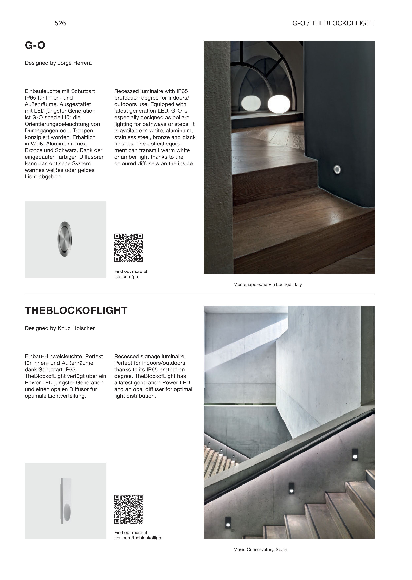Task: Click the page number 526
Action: [60, 23]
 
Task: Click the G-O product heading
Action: [35, 45]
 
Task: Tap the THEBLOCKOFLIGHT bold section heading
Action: [76, 310]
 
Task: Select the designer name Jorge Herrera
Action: [75, 63]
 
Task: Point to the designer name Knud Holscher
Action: [76, 328]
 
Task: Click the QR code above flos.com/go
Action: [128, 248]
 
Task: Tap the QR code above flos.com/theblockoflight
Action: [129, 509]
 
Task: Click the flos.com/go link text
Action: [126, 277]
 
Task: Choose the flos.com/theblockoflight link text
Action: [138, 538]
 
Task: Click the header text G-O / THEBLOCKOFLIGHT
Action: [333, 23]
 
